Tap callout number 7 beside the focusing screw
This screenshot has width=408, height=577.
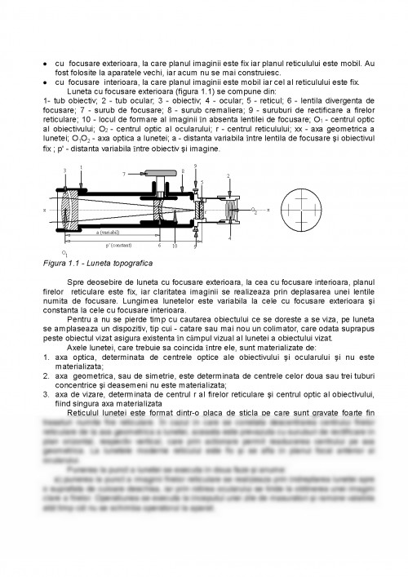[x=124, y=174]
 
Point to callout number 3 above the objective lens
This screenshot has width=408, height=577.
[x=64, y=170]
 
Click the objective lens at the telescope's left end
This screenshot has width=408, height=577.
[x=70, y=210]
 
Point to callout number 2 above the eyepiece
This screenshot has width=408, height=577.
[x=228, y=175]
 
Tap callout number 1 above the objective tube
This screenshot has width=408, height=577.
[x=82, y=166]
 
